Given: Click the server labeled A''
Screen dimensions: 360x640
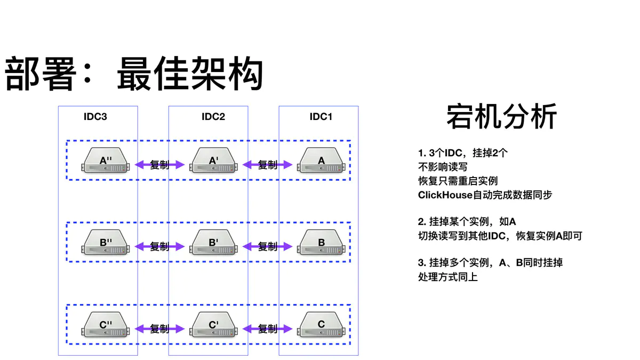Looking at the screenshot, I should [x=106, y=161].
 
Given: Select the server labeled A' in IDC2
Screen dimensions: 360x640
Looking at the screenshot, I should [x=213, y=161].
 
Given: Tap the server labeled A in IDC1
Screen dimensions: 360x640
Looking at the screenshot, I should [x=321, y=161].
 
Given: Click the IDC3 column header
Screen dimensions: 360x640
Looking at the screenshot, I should [x=95, y=117].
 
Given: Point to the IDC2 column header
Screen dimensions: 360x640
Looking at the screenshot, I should [x=213, y=117].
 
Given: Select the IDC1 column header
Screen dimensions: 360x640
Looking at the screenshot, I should [x=321, y=117].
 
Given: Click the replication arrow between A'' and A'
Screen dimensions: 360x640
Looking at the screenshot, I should [x=159, y=165].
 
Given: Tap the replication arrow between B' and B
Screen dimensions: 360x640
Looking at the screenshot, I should [x=268, y=246].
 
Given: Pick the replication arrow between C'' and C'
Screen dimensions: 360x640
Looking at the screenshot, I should [x=159, y=329].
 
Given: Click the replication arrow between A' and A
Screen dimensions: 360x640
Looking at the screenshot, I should [x=268, y=165].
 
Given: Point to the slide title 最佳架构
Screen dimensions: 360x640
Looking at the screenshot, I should [x=190, y=74].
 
